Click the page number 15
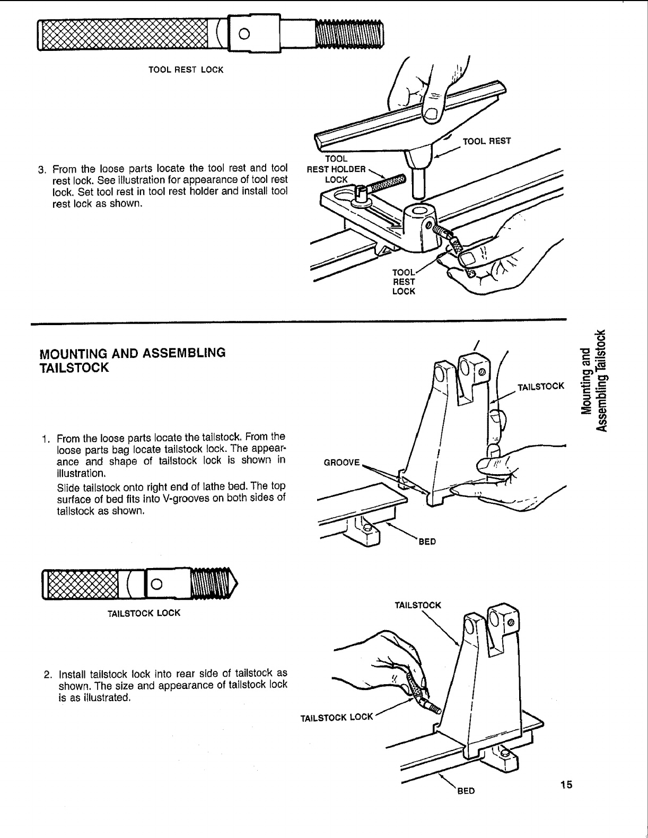pos(566,784)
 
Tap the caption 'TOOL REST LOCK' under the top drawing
pos(186,70)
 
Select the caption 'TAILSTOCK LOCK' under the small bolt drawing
pos(144,613)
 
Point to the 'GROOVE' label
pos(341,462)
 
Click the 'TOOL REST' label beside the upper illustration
pos(487,141)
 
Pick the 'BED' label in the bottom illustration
pos(466,791)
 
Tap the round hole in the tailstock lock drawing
pos(156,584)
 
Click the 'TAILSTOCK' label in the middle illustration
pos(540,386)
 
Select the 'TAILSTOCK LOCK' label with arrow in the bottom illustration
pos(337,718)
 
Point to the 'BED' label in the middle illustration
pos(427,542)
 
